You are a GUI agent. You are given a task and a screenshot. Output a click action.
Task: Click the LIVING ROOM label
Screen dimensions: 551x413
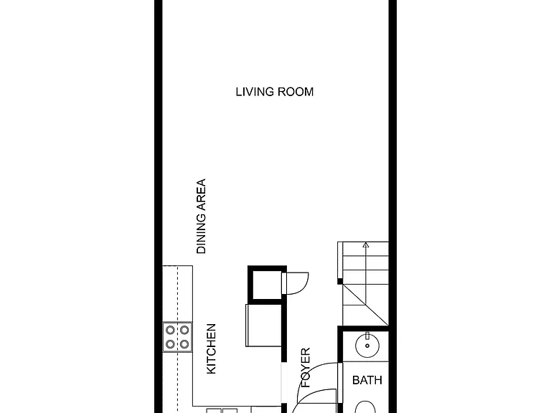[275, 92]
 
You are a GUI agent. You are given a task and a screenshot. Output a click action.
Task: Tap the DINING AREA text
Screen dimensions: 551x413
[201, 217]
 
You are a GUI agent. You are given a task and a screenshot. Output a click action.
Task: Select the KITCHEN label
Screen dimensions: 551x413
[211, 349]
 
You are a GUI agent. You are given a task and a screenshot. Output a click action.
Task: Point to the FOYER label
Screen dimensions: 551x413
[306, 367]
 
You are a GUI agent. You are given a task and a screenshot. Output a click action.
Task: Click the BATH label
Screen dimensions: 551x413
[367, 380]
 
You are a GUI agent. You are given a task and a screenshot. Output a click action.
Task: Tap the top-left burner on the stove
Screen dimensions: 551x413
[171, 330]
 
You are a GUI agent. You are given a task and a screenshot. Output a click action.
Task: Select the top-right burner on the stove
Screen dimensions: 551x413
[184, 330]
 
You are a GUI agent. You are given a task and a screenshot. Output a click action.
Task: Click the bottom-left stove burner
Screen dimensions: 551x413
[171, 344]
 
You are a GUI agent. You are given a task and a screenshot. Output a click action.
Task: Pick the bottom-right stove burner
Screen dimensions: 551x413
[184, 344]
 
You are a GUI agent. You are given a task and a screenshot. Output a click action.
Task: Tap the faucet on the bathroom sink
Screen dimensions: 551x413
[367, 336]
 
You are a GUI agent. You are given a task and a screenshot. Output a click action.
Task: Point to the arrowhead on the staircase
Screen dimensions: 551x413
[366, 245]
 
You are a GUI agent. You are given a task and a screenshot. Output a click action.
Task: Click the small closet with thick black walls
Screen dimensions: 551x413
[267, 267]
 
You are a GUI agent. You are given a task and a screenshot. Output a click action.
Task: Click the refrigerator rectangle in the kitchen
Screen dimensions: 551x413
[264, 326]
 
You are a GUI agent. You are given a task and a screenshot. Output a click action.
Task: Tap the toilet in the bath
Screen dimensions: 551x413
[365, 407]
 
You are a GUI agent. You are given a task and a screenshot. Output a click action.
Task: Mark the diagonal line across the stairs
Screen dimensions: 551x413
[365, 305]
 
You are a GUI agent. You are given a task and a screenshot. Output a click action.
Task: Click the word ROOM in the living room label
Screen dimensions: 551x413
[296, 92]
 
